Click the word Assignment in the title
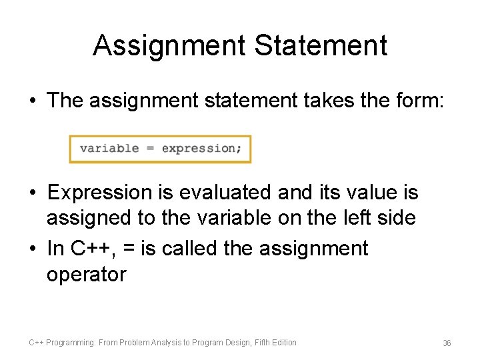click(x=169, y=45)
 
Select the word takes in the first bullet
click(x=315, y=101)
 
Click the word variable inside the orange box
click(x=109, y=149)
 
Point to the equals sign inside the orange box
click(x=151, y=149)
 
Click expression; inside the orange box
click(x=202, y=149)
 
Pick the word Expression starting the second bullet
click(x=100, y=193)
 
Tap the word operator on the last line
click(x=86, y=274)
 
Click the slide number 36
click(x=447, y=343)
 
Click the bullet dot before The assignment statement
click(x=32, y=101)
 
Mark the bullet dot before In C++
click(x=32, y=249)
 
